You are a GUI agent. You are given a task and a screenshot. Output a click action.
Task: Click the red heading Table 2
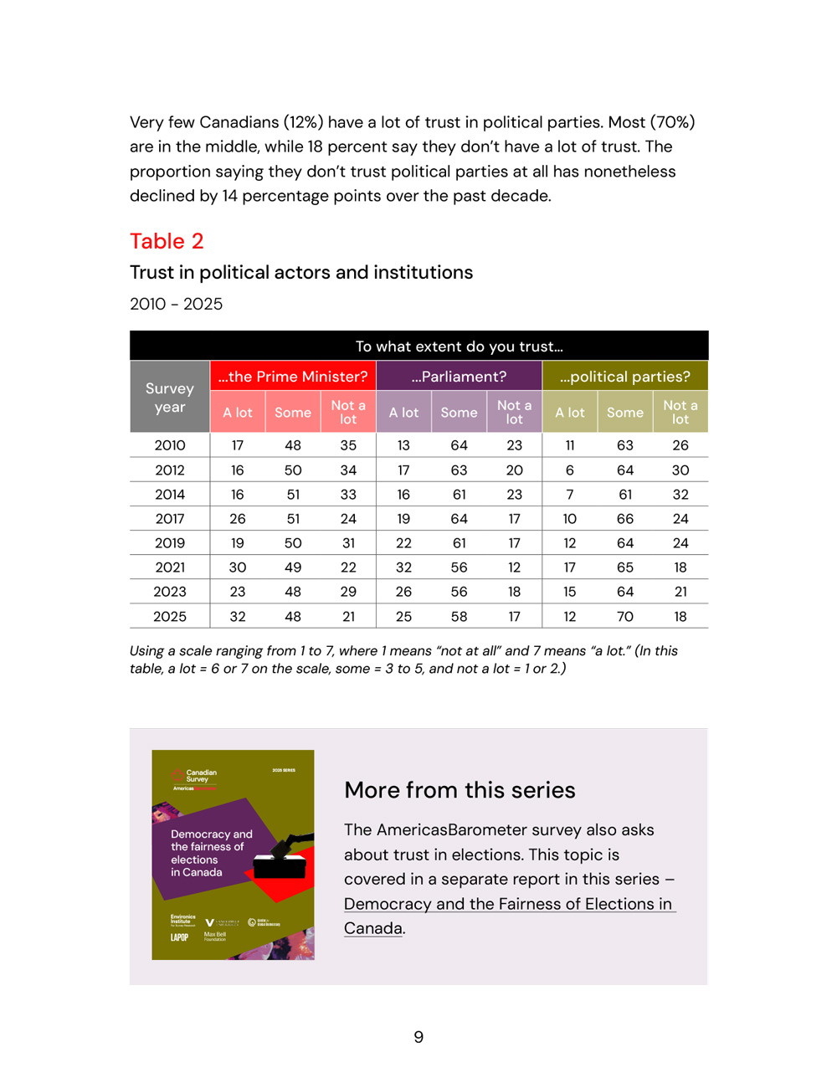tap(167, 242)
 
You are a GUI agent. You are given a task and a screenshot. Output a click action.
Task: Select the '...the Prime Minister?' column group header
tap(293, 377)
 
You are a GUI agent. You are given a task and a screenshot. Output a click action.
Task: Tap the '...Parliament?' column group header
tap(459, 377)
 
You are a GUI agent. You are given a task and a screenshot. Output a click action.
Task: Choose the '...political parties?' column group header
tap(625, 377)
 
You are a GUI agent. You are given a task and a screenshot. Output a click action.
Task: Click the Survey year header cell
tap(170, 398)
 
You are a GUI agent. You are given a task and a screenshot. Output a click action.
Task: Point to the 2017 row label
tap(170, 519)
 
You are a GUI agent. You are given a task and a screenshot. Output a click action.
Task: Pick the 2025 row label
tap(170, 617)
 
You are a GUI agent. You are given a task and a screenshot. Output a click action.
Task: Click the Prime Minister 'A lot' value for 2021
tap(238, 567)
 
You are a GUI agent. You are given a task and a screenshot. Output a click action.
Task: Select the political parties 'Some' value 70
tap(625, 617)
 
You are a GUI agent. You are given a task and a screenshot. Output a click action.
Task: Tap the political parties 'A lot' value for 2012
tap(570, 470)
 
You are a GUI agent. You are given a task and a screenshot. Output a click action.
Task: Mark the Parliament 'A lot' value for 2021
tap(403, 567)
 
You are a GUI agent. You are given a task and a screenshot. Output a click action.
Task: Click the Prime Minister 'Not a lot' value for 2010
tap(348, 446)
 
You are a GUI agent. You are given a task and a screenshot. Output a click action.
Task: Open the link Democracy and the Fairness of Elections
tap(508, 905)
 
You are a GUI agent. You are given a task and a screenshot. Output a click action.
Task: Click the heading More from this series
tap(460, 790)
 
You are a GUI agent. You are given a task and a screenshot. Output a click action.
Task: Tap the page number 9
tap(418, 1038)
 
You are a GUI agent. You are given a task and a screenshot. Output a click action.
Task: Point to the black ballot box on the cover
tap(279, 864)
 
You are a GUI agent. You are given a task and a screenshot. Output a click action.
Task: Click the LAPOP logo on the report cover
tap(179, 937)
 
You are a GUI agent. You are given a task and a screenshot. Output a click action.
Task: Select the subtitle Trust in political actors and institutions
tap(301, 273)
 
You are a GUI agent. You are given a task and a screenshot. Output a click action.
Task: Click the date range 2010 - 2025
tap(176, 304)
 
